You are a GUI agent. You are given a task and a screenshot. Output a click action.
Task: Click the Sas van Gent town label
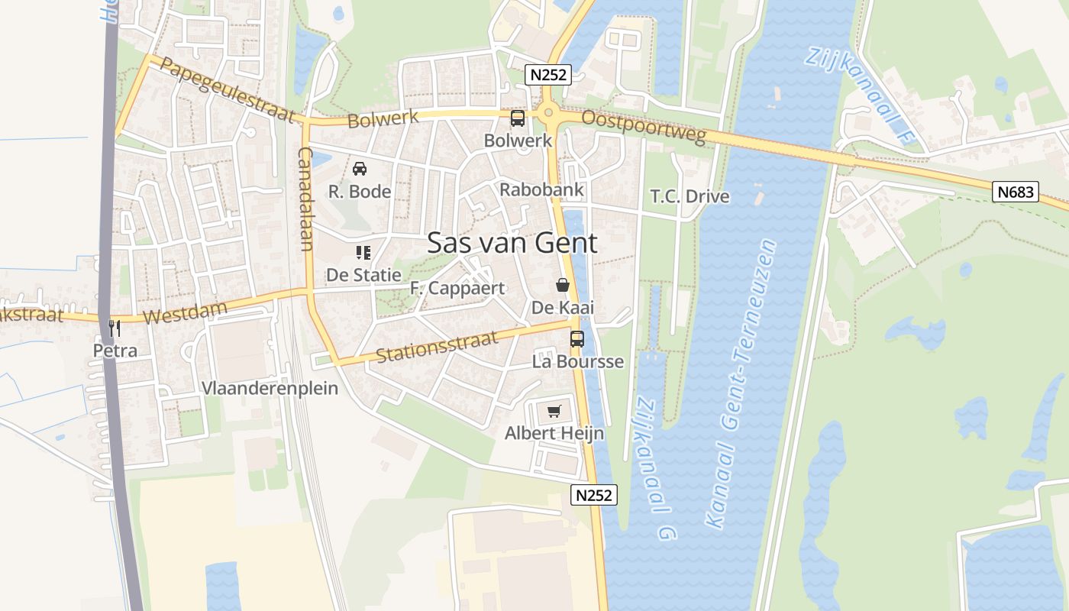(x=512, y=243)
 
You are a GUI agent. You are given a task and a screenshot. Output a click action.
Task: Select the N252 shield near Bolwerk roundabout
(x=547, y=75)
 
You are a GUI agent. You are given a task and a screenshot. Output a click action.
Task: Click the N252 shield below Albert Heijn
(x=593, y=495)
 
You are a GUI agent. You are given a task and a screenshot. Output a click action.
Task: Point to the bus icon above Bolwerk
(x=518, y=118)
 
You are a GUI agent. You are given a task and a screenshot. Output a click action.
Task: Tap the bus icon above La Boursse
(x=577, y=339)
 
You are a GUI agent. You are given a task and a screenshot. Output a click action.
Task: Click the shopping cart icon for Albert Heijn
(x=554, y=412)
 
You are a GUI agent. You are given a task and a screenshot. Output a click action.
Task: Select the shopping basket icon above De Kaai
(x=563, y=285)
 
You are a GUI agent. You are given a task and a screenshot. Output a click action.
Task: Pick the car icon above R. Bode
(x=360, y=168)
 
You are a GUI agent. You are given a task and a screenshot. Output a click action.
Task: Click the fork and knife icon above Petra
(x=115, y=328)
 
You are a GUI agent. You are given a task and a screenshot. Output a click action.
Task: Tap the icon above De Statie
(x=363, y=252)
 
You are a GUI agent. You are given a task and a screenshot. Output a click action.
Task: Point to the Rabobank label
(x=541, y=189)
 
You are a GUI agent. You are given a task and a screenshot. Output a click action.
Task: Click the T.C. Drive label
(x=690, y=196)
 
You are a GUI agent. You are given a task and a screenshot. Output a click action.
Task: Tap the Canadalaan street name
(x=306, y=199)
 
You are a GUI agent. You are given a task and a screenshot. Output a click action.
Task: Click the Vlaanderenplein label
(x=270, y=388)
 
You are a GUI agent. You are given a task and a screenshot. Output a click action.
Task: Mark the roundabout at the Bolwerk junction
(x=548, y=115)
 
